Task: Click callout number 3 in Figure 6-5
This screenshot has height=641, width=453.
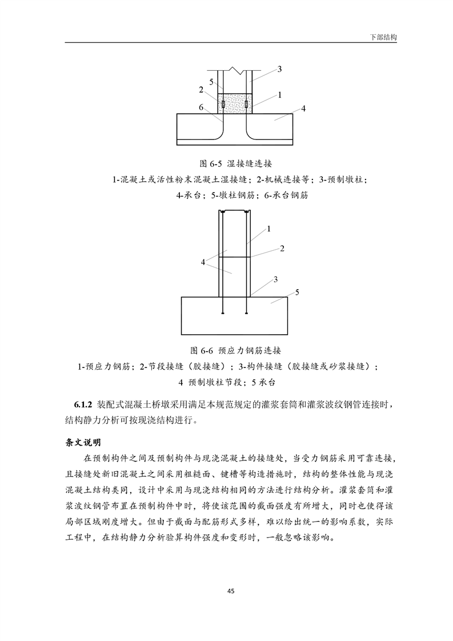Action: tap(279, 70)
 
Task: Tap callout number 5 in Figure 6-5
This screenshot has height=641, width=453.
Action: tap(211, 82)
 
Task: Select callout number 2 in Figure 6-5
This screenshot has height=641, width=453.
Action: tap(202, 90)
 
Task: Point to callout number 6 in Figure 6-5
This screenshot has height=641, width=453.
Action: tap(202, 107)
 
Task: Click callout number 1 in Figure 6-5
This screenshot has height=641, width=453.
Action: tap(279, 95)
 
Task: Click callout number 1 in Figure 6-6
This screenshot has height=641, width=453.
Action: tap(268, 229)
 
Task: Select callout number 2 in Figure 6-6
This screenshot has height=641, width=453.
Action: tap(282, 249)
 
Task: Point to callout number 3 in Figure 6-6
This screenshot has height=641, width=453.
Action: tap(275, 279)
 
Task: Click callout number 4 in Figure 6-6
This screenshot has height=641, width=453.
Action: tap(203, 262)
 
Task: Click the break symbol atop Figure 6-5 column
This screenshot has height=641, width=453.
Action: tap(235, 70)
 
